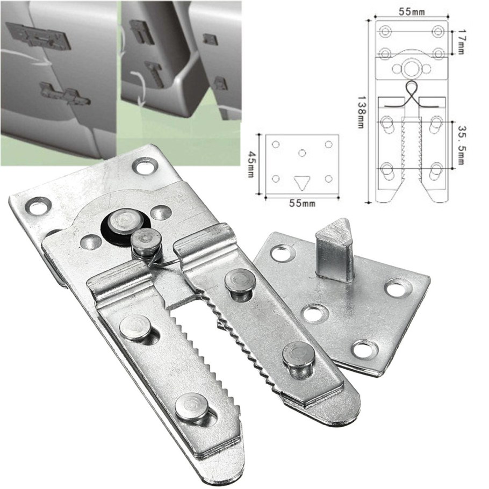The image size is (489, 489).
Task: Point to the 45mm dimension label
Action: (250, 164)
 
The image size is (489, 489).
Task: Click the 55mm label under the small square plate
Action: (301, 203)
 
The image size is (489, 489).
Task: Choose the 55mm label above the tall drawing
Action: (411, 12)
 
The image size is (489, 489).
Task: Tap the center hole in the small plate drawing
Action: (302, 153)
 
